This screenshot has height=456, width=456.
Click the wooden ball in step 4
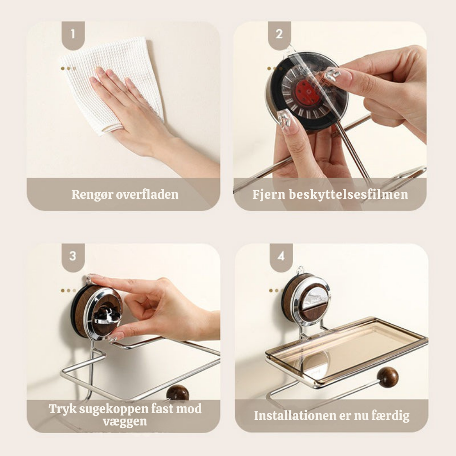[388, 377]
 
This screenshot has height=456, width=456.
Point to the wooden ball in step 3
[178, 393]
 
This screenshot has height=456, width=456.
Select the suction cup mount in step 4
[306, 300]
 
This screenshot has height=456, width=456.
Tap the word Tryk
[62, 409]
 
